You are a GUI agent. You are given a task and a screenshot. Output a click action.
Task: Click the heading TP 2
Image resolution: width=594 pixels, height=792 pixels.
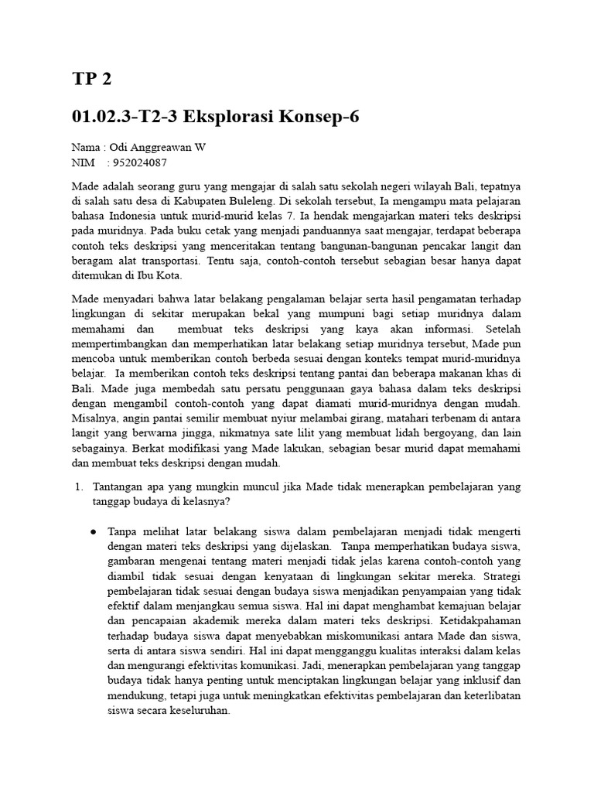tap(91, 79)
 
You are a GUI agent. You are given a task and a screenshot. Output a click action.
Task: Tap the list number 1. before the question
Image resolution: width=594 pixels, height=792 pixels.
tap(78, 486)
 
